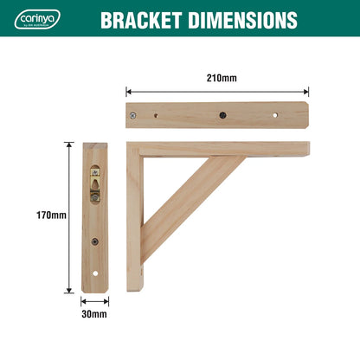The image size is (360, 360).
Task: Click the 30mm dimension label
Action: [x=95, y=314]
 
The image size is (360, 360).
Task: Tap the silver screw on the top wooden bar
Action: [x=133, y=114]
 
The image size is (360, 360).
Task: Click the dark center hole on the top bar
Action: [x=222, y=114]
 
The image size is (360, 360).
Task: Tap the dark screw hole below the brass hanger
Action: [x=95, y=242]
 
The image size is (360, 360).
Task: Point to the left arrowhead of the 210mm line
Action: [x=128, y=90]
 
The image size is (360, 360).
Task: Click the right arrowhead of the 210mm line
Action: [x=307, y=90]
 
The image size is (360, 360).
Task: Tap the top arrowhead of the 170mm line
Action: [x=68, y=145]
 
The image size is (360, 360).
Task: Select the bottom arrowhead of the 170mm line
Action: [x=68, y=290]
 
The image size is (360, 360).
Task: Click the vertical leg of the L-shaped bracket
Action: [x=134, y=225]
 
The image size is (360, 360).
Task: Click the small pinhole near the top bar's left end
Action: [x=155, y=113]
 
